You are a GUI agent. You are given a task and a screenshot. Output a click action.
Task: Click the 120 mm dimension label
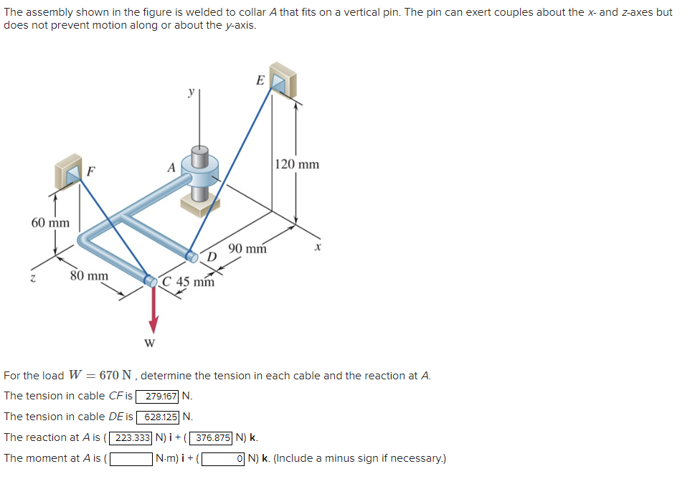[297, 164]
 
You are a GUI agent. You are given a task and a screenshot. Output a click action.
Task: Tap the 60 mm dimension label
[50, 222]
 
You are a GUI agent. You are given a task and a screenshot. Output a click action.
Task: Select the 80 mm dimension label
[89, 275]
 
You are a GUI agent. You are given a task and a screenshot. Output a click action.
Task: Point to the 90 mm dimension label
[247, 249]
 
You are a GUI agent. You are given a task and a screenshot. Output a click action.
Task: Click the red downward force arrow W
[152, 308]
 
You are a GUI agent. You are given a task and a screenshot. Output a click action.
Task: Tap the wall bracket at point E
[283, 81]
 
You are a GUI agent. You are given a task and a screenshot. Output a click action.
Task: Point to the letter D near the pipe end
[212, 257]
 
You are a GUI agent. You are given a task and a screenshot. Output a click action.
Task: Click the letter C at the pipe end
[166, 281]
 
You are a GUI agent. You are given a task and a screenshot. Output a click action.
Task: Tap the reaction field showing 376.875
[212, 437]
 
